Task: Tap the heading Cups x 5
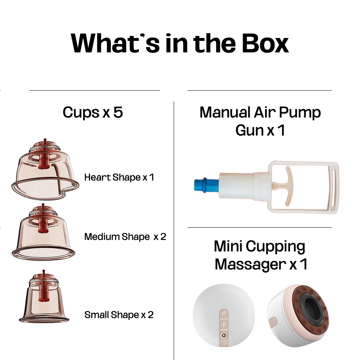[x=93, y=112]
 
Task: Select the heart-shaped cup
[x=44, y=172]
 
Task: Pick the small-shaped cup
[x=44, y=300]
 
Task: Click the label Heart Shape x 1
[x=119, y=177]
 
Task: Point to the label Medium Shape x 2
[x=125, y=237]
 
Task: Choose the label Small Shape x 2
[x=119, y=315]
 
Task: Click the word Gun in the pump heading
[x=249, y=130]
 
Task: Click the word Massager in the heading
[x=250, y=264]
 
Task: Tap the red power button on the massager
[x=224, y=335]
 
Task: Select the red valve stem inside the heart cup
[x=44, y=160]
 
